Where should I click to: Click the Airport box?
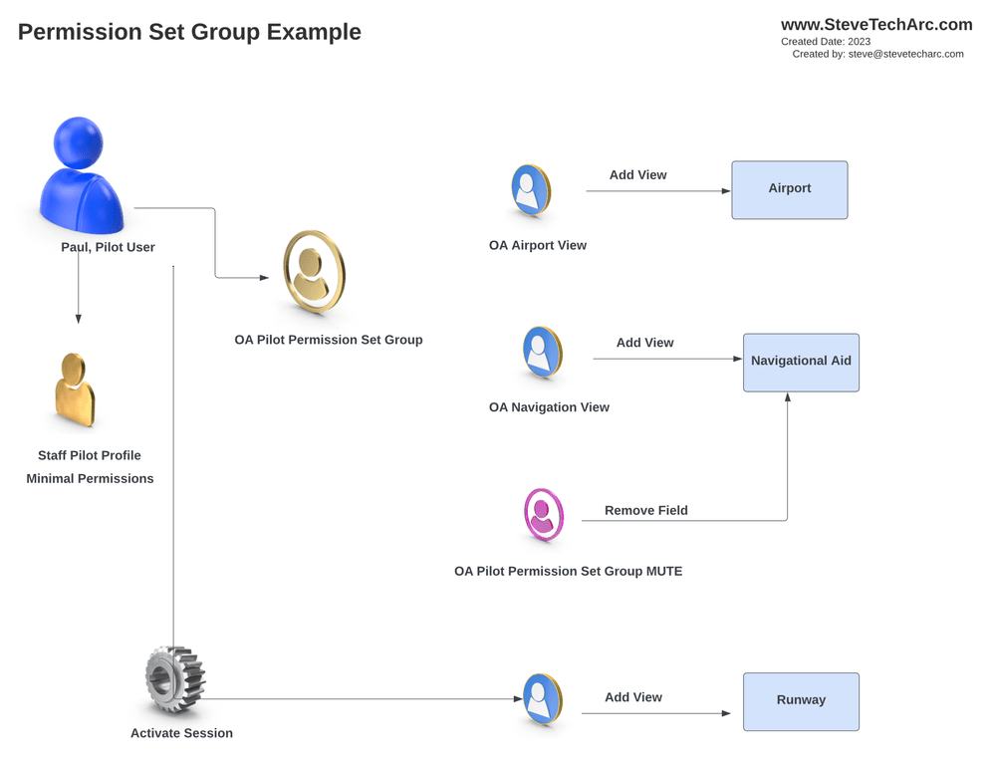[x=789, y=189]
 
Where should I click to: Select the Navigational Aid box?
[x=801, y=362]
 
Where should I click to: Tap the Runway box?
[x=801, y=701]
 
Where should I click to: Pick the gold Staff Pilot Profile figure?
[x=75, y=389]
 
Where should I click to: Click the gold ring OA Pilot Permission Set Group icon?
[x=314, y=271]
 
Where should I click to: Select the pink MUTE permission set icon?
[x=544, y=514]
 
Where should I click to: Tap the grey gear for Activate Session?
[x=174, y=680]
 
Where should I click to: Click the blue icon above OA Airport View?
[x=530, y=190]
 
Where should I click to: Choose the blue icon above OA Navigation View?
[x=542, y=353]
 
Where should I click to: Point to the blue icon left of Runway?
[x=542, y=699]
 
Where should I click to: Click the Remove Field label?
[x=645, y=511]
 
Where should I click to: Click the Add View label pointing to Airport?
[x=637, y=175]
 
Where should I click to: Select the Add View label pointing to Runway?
[x=632, y=697]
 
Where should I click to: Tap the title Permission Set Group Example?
[x=189, y=32]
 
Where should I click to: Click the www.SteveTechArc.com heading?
[x=875, y=25]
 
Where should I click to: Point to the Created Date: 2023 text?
[x=826, y=42]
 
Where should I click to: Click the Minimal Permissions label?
[x=90, y=479]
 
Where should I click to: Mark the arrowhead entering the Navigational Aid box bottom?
[x=788, y=397]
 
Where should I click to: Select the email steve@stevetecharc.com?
[x=905, y=55]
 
